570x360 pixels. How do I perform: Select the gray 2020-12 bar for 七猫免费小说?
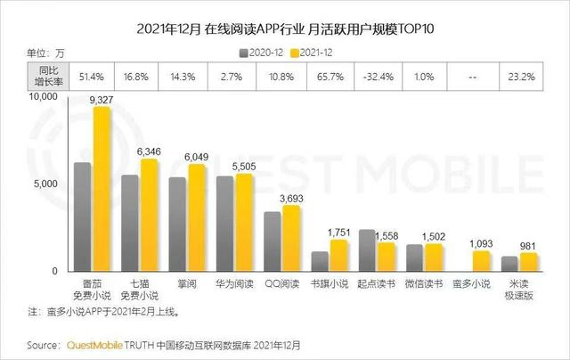point(130,223)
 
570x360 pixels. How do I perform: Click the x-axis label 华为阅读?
point(235,284)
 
